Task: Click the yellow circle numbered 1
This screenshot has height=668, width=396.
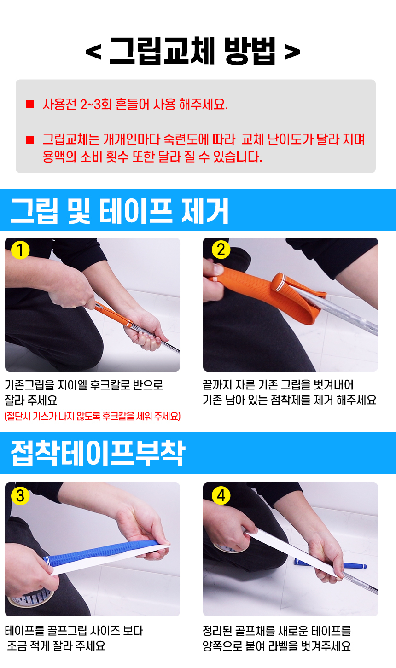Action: pos(20,250)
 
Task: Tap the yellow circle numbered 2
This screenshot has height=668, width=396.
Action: pos(221,250)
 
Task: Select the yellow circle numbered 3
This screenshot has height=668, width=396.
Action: pos(20,496)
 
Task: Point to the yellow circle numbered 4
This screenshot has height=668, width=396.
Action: pos(221,496)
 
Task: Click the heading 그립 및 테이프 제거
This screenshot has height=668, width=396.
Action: pos(120,211)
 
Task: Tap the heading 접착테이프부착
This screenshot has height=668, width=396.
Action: pos(98,453)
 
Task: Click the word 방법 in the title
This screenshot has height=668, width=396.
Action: pos(250,51)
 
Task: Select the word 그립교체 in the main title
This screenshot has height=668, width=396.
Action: pos(163,51)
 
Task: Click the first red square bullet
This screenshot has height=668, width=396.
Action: pos(30,105)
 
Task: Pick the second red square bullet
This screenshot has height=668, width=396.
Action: pos(30,140)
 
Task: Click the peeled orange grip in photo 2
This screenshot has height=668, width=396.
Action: pos(268,294)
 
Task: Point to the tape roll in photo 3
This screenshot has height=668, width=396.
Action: pos(30,597)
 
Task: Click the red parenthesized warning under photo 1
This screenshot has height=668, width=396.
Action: pos(93,416)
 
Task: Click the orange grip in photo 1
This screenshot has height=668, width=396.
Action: pos(114,314)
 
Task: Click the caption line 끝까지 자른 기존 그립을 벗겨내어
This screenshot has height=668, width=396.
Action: pos(278,385)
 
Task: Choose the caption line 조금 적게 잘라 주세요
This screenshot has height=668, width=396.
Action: pos(56,646)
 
